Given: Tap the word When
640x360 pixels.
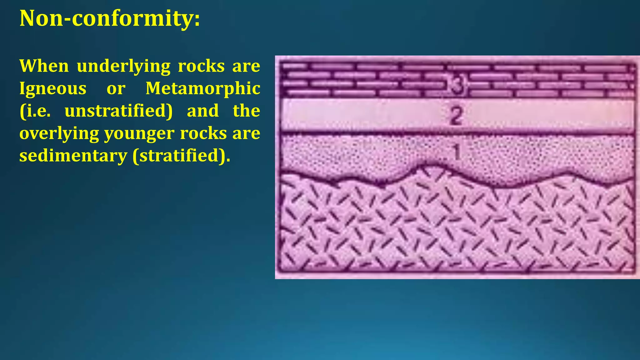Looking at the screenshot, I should click(44, 66).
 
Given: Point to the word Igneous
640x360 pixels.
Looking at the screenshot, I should click(53, 89).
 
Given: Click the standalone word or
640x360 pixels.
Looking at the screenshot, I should click(116, 89).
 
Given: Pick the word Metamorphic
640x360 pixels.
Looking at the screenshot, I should click(203, 89).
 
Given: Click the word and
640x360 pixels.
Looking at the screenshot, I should click(203, 111).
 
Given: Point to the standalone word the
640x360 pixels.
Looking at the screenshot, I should click(246, 111).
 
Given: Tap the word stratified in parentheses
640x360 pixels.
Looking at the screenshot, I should click(178, 156).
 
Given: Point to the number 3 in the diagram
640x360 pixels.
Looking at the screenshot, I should click(457, 85).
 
